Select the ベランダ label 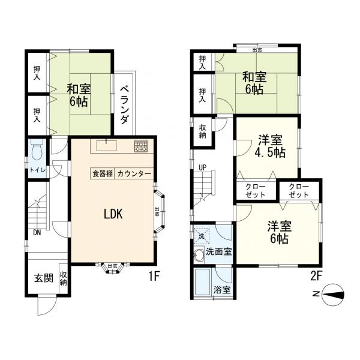point(125,104)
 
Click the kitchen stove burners point(141,146)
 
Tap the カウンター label point(134,173)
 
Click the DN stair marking point(37,233)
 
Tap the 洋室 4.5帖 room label point(271,146)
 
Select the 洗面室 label point(219,252)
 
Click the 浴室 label point(222,290)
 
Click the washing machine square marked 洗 point(200,235)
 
